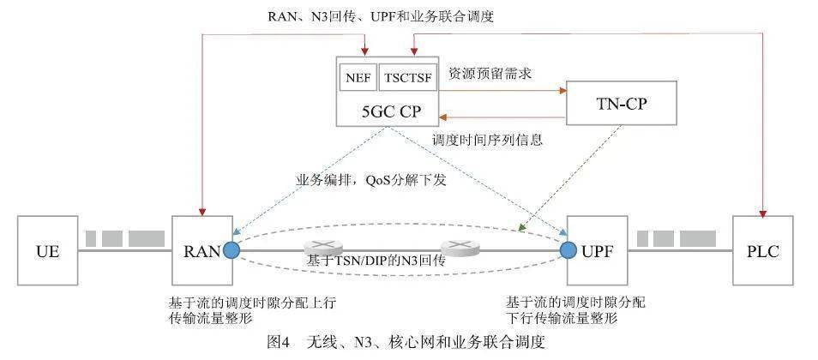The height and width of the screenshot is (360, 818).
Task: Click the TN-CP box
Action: coord(622,105)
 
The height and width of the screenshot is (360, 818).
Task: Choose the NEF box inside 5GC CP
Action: coord(358,76)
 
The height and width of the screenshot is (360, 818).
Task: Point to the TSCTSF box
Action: coord(408,76)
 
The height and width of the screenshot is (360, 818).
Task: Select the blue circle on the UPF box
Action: coord(567,250)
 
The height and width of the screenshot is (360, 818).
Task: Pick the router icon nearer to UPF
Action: coord(457,247)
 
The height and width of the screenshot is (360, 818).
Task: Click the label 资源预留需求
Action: coord(490,74)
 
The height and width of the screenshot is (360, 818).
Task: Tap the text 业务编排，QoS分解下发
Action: coord(370,180)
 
